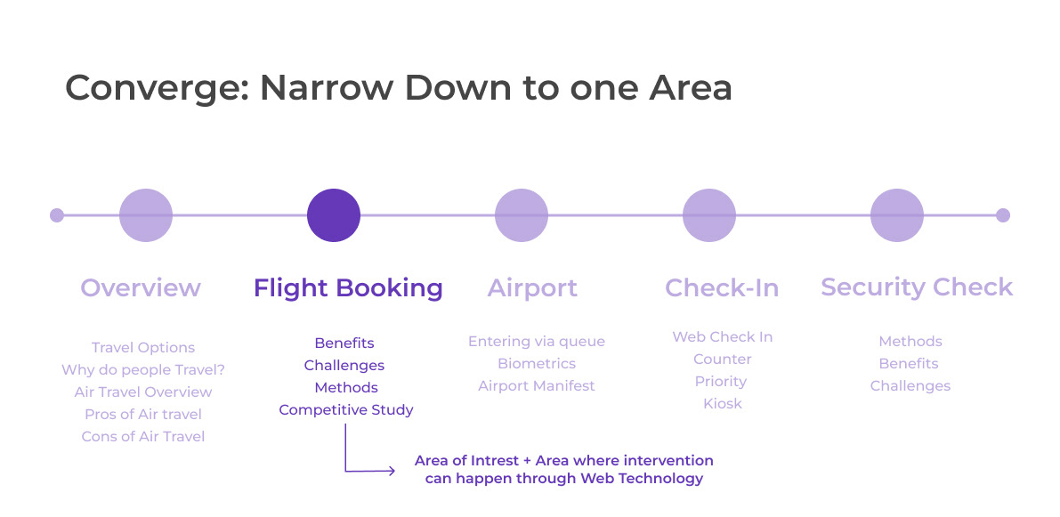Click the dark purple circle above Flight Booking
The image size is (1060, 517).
tap(334, 215)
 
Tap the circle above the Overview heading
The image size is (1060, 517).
tap(146, 215)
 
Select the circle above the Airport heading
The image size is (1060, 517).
tap(522, 215)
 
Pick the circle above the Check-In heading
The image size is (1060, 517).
tap(709, 215)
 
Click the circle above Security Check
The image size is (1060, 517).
tap(897, 215)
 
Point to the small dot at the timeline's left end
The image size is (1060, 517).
tap(57, 215)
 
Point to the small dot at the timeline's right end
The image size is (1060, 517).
tap(1003, 215)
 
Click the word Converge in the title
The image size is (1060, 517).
tap(154, 88)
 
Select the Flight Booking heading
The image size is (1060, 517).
tap(348, 288)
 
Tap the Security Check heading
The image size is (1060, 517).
tap(917, 287)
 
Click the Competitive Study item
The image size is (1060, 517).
tap(346, 410)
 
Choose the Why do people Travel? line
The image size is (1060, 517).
tap(142, 370)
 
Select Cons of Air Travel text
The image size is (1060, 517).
tap(143, 437)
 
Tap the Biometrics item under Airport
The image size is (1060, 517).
tap(537, 364)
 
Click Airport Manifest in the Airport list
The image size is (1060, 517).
tap(537, 386)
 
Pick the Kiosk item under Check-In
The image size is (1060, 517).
tap(722, 404)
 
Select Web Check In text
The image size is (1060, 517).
tap(722, 337)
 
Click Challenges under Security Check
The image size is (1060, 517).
tap(910, 386)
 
